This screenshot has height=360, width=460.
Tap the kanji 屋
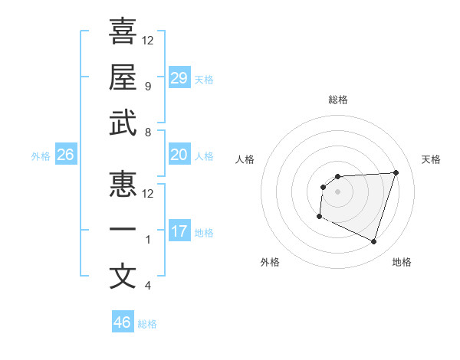123,77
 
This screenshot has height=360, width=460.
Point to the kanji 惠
123,184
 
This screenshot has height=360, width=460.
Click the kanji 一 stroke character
123,231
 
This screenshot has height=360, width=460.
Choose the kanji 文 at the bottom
123,277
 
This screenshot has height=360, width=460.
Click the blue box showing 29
179,78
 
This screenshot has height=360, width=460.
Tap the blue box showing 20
179,155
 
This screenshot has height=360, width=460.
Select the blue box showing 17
179,231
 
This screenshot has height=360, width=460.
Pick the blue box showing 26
66,155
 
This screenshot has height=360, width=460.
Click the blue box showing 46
123,322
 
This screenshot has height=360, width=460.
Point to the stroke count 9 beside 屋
147,87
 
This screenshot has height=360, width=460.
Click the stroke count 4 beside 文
147,286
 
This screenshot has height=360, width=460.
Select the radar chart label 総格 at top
337,100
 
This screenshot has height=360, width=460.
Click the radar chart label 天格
432,159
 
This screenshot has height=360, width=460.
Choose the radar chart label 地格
402,262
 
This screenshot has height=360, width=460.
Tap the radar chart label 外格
270,262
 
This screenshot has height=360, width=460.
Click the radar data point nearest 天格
396,172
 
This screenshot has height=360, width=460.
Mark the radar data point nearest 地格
374,242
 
